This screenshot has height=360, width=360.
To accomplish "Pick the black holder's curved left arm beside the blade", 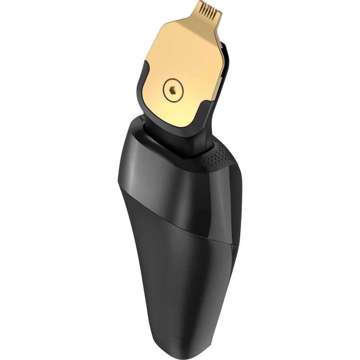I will [x=141, y=86].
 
